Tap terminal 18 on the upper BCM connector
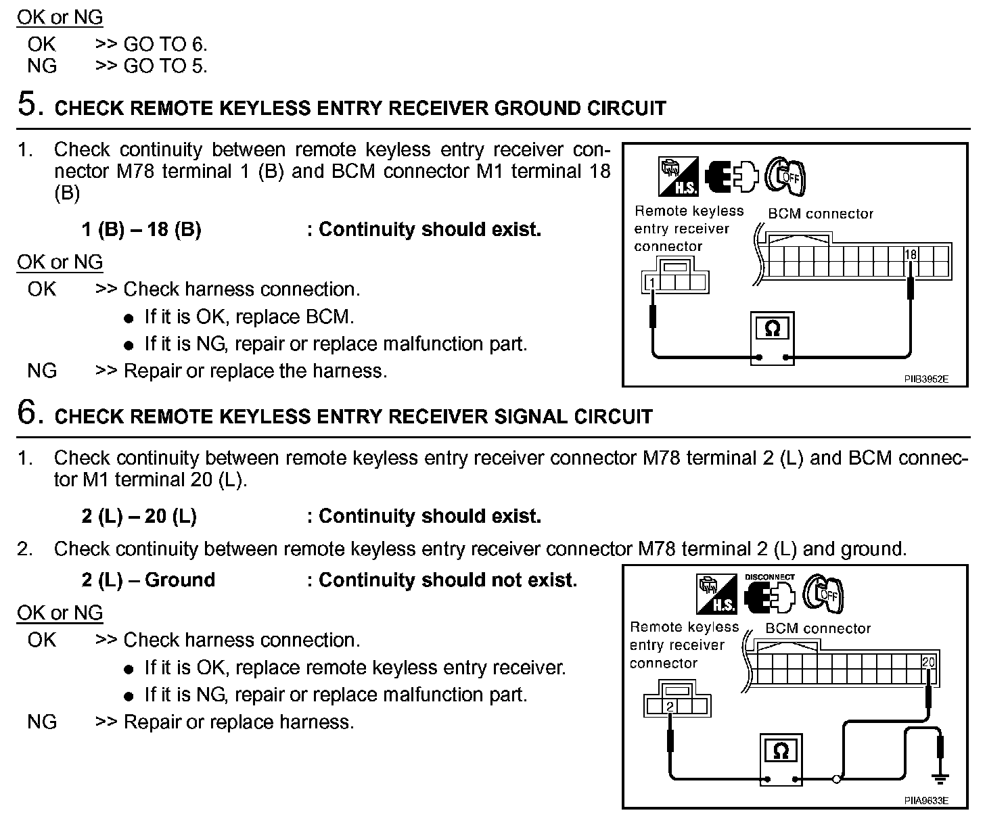click(x=911, y=254)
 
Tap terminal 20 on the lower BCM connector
click(x=928, y=662)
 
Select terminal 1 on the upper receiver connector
click(x=651, y=282)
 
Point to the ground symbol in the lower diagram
click(x=940, y=778)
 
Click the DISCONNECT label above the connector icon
click(x=769, y=577)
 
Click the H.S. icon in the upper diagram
click(x=679, y=177)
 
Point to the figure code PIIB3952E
click(x=926, y=379)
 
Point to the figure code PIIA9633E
click(x=926, y=801)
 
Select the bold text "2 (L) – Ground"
click(x=148, y=580)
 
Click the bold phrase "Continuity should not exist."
click(x=448, y=580)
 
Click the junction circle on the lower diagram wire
click(x=837, y=779)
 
